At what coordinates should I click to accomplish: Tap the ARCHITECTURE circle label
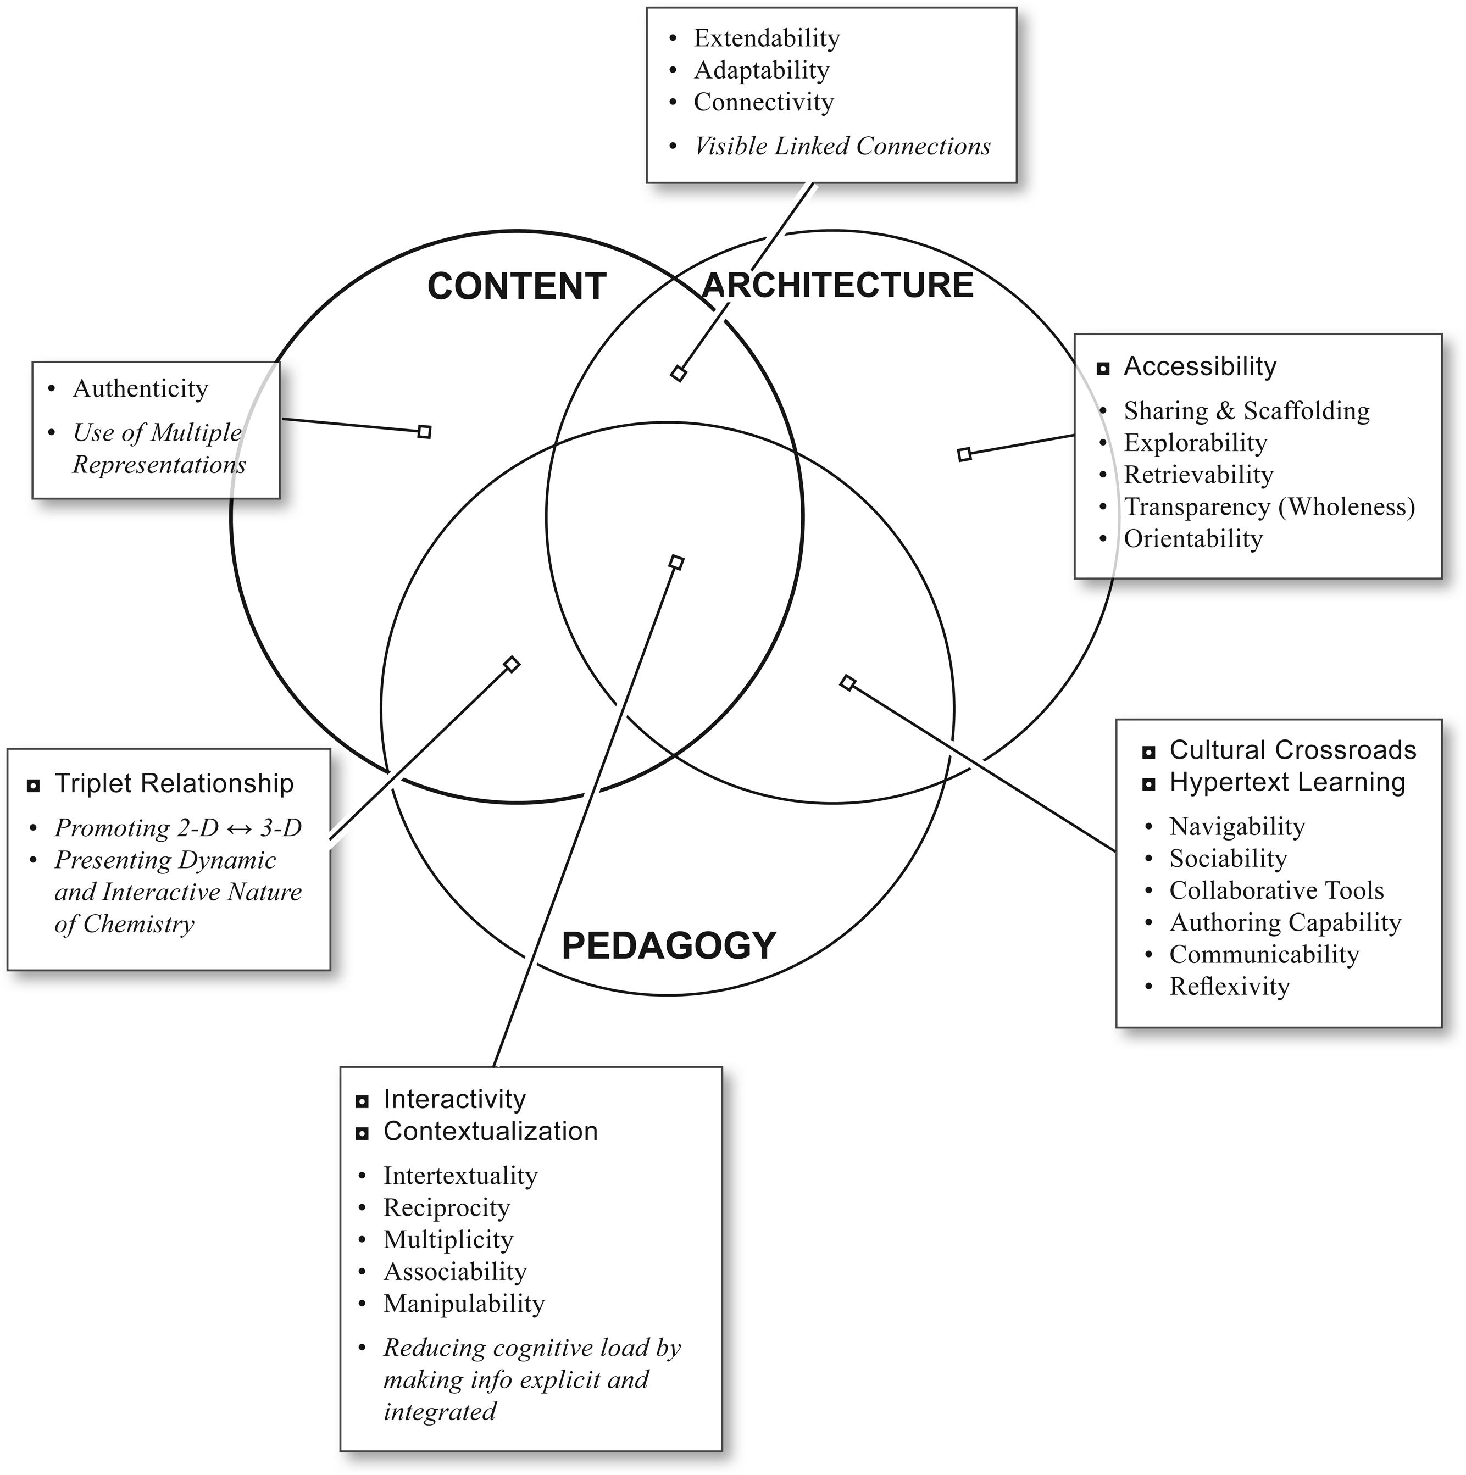837,285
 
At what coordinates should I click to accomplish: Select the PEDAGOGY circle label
668,945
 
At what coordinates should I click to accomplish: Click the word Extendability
766,37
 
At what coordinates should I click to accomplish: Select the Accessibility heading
1200,366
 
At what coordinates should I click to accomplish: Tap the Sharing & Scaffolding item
1246,411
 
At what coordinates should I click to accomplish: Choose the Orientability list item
1193,539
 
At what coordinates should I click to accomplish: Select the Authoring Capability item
1285,922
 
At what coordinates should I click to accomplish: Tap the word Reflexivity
1229,987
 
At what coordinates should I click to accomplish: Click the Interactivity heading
454,1099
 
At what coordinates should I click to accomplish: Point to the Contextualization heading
490,1132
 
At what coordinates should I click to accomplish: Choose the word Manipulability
463,1304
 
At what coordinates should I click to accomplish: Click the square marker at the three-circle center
676,563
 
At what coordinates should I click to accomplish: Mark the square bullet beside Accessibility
1103,369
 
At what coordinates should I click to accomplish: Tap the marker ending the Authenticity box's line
425,432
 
